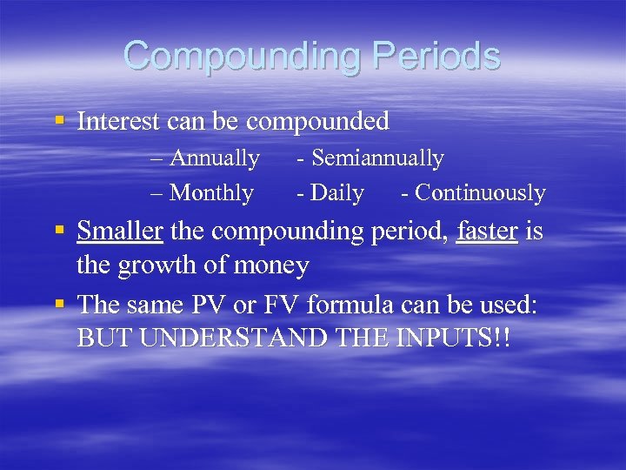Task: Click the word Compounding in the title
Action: tap(240, 57)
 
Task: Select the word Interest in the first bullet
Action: tap(118, 121)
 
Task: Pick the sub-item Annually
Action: tap(214, 158)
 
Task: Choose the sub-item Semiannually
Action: tap(376, 158)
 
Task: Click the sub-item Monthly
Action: tap(211, 192)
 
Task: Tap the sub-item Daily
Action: tap(336, 192)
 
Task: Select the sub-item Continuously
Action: tap(480, 192)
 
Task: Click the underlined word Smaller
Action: tap(120, 232)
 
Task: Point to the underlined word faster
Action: tap(486, 232)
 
